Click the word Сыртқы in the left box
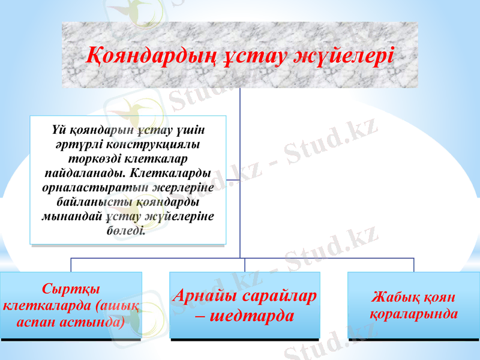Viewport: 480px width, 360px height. coord(71,287)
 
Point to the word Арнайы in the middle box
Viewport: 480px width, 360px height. coord(206,296)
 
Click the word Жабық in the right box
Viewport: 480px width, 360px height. coord(393,297)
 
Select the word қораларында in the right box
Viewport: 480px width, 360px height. coord(413,313)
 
